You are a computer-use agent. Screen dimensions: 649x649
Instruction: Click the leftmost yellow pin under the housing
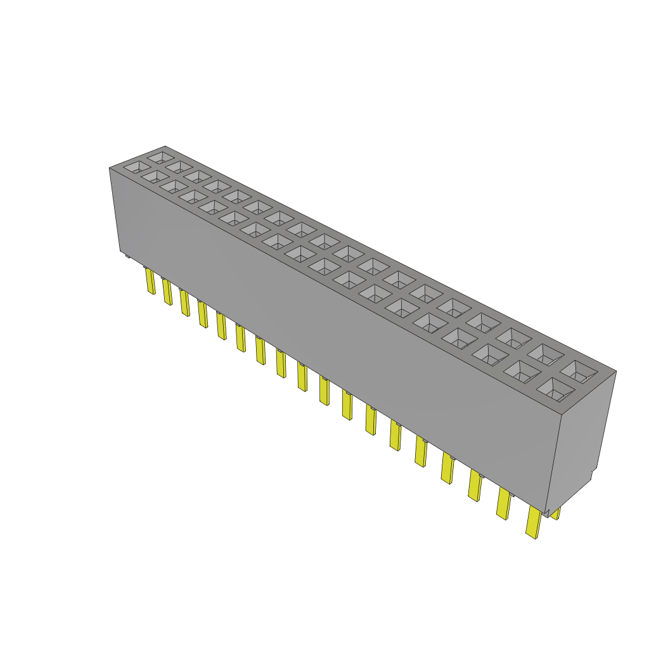tap(150, 281)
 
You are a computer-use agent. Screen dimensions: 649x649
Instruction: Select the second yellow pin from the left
tap(167, 292)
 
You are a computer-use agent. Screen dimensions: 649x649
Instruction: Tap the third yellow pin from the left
tap(184, 302)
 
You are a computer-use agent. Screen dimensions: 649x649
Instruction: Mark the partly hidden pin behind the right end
tap(556, 513)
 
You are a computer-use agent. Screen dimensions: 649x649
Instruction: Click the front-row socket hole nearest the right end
tap(553, 389)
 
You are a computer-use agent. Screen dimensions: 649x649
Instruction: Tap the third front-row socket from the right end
tap(489, 353)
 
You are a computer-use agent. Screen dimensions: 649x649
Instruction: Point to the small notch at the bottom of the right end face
tap(593, 475)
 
